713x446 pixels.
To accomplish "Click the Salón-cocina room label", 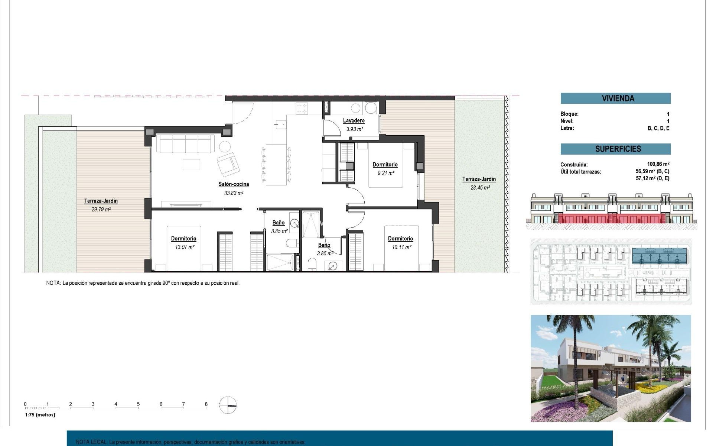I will pyautogui.click(x=233, y=184).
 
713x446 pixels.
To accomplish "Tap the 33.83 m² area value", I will pyautogui.click(x=233, y=193).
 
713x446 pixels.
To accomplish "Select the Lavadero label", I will pyautogui.click(x=354, y=120).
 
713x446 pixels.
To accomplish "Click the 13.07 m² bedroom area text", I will pyautogui.click(x=185, y=247).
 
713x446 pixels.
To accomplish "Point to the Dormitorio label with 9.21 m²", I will pyautogui.click(x=385, y=164).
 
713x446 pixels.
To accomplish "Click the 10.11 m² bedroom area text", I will pyautogui.click(x=401, y=247).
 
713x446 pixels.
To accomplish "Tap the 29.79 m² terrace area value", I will pyautogui.click(x=101, y=209).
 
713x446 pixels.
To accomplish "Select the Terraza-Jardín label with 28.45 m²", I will pyautogui.click(x=479, y=179).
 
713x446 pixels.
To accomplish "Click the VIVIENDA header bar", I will pyautogui.click(x=615, y=98).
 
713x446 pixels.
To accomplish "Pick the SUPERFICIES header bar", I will pyautogui.click(x=615, y=149).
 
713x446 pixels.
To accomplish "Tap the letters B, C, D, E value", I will pyautogui.click(x=658, y=128).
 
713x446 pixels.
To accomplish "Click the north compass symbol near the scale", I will pyautogui.click(x=228, y=405).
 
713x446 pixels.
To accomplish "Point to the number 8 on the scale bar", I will pyautogui.click(x=206, y=404).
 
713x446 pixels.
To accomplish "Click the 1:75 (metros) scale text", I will pyautogui.click(x=40, y=415).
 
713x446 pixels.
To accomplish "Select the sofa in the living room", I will pyautogui.click(x=185, y=143).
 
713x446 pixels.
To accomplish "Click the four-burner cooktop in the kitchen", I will pyautogui.click(x=302, y=109).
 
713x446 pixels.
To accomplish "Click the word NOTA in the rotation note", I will pyautogui.click(x=53, y=283).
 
